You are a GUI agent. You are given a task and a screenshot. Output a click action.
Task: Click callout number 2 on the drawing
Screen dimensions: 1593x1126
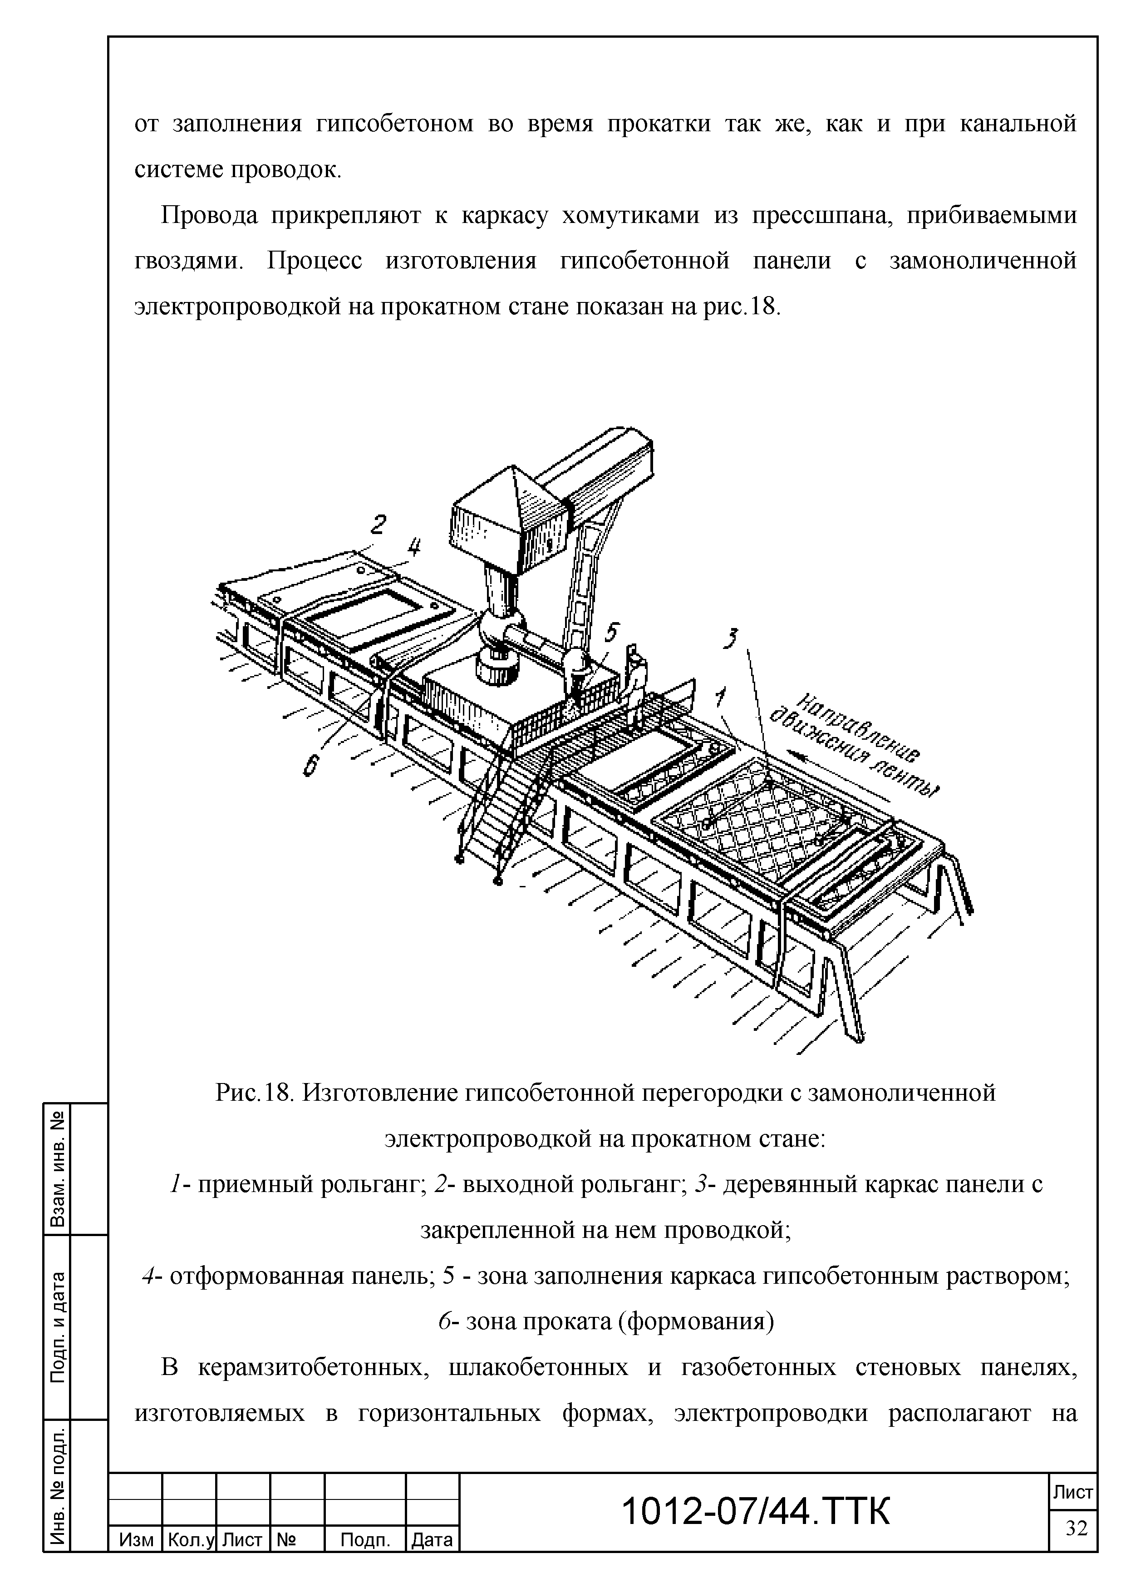tap(378, 524)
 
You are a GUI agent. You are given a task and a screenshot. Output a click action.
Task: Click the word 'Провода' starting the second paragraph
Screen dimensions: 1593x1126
tap(209, 216)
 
